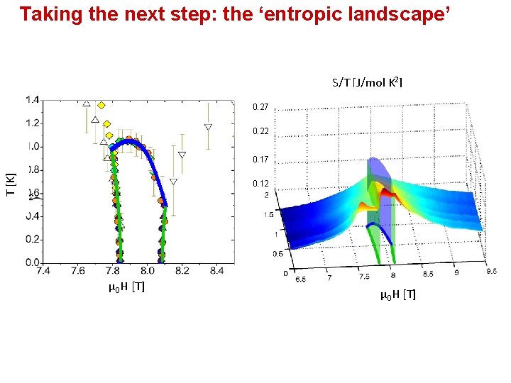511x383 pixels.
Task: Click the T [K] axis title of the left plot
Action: tap(11, 185)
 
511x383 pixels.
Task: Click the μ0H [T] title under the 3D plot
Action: tap(398, 294)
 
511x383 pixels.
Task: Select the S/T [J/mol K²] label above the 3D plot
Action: tap(366, 83)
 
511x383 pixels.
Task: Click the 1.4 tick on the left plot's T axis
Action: tap(33, 100)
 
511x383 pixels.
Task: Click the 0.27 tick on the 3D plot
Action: tap(260, 108)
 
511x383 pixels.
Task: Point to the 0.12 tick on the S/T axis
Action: tap(260, 184)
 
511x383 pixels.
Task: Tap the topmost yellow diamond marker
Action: tap(101, 105)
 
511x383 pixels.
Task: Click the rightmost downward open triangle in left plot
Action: tap(208, 128)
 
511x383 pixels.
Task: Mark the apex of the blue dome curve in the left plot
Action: tap(128, 141)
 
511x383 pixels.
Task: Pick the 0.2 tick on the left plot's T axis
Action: tap(33, 240)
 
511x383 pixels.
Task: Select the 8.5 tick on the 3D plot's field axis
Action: tap(427, 272)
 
